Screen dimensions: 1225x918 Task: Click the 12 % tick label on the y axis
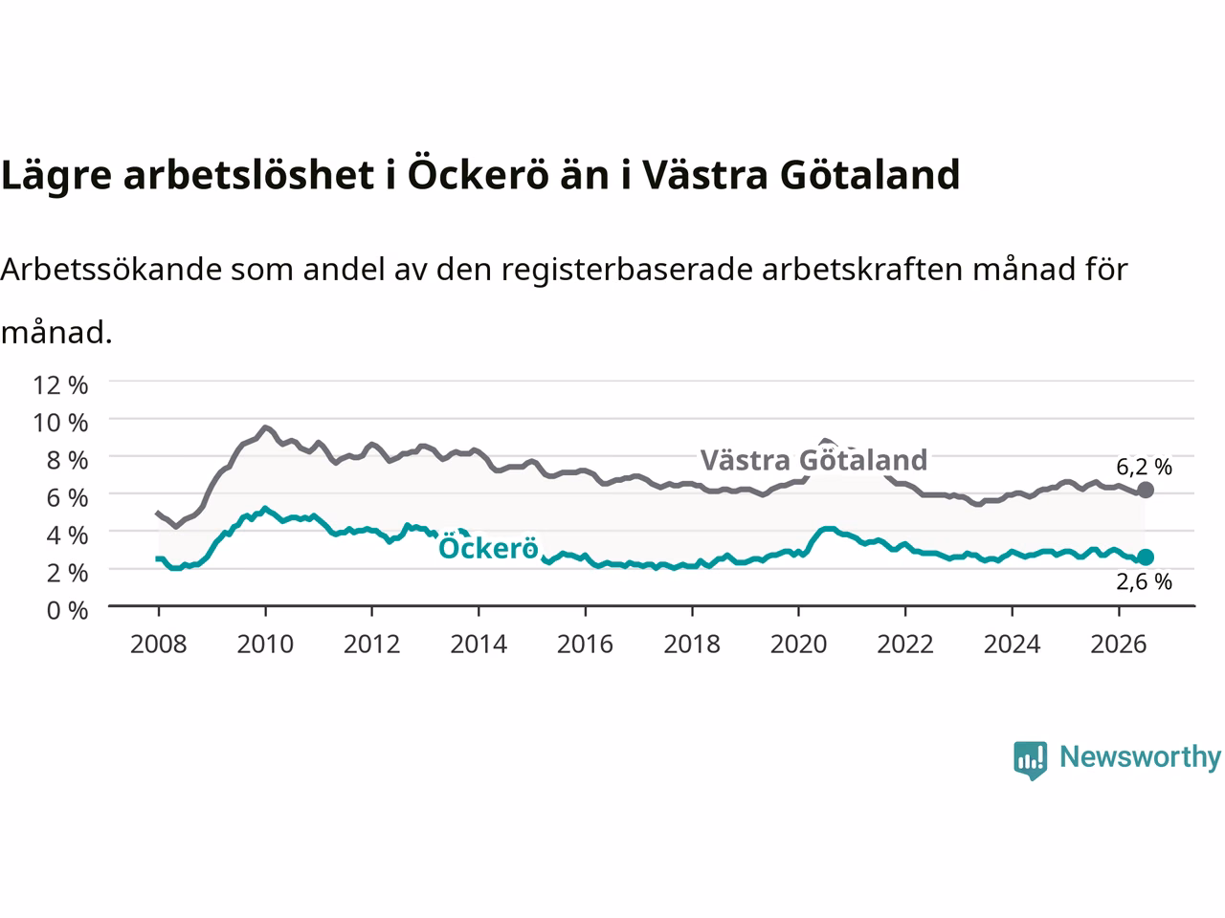60,385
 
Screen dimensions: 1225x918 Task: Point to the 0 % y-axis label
68,610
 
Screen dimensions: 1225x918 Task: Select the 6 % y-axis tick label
68,498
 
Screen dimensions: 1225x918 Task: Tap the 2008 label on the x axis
159,645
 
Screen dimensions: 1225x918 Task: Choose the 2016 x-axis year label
585,645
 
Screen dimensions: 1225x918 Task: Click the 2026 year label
1119,645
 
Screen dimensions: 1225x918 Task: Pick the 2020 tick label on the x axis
798,645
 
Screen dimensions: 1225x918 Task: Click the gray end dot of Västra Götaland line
1146,490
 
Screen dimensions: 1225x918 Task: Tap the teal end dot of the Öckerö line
1146,557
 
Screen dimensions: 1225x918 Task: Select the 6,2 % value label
1144,467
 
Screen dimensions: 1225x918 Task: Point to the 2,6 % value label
1144,582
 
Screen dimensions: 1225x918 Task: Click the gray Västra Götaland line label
813,460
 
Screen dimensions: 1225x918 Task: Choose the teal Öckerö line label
488,548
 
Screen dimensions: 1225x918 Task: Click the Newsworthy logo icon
1030,760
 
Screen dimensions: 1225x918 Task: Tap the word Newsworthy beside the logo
1140,757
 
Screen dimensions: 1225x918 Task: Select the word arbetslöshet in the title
248,174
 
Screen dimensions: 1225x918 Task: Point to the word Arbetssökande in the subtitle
112,270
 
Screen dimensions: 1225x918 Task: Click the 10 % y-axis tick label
60,423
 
